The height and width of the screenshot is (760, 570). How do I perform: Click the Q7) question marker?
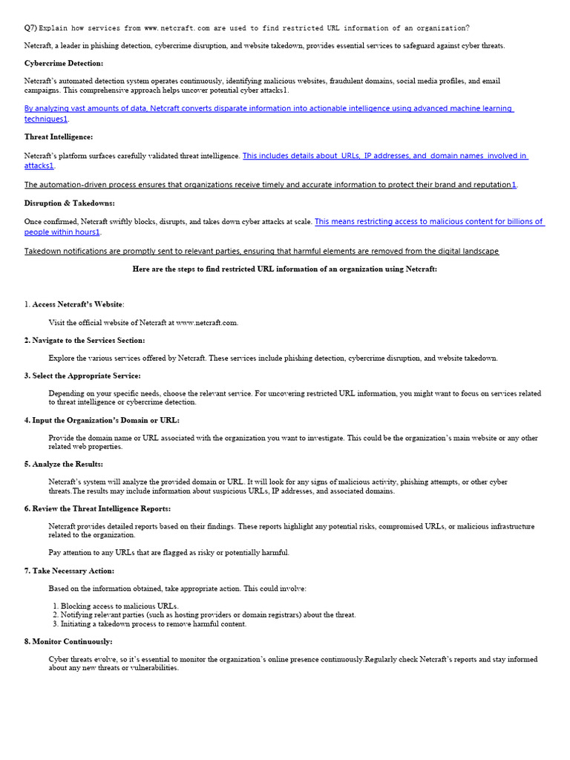[x=30, y=28]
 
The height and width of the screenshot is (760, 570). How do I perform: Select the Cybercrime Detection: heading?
[x=64, y=64]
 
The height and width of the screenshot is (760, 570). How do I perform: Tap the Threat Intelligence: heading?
[x=59, y=137]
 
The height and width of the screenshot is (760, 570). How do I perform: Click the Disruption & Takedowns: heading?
[x=70, y=203]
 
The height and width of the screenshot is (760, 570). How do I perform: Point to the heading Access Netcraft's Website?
[x=79, y=305]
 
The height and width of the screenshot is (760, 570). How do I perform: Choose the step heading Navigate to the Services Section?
[x=88, y=341]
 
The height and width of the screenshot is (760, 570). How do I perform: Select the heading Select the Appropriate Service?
[x=86, y=376]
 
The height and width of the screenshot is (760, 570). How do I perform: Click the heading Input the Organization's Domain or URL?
[x=105, y=421]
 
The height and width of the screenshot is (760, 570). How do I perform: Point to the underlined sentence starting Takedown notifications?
[x=261, y=252]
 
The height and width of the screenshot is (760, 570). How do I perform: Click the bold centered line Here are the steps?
[x=285, y=269]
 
